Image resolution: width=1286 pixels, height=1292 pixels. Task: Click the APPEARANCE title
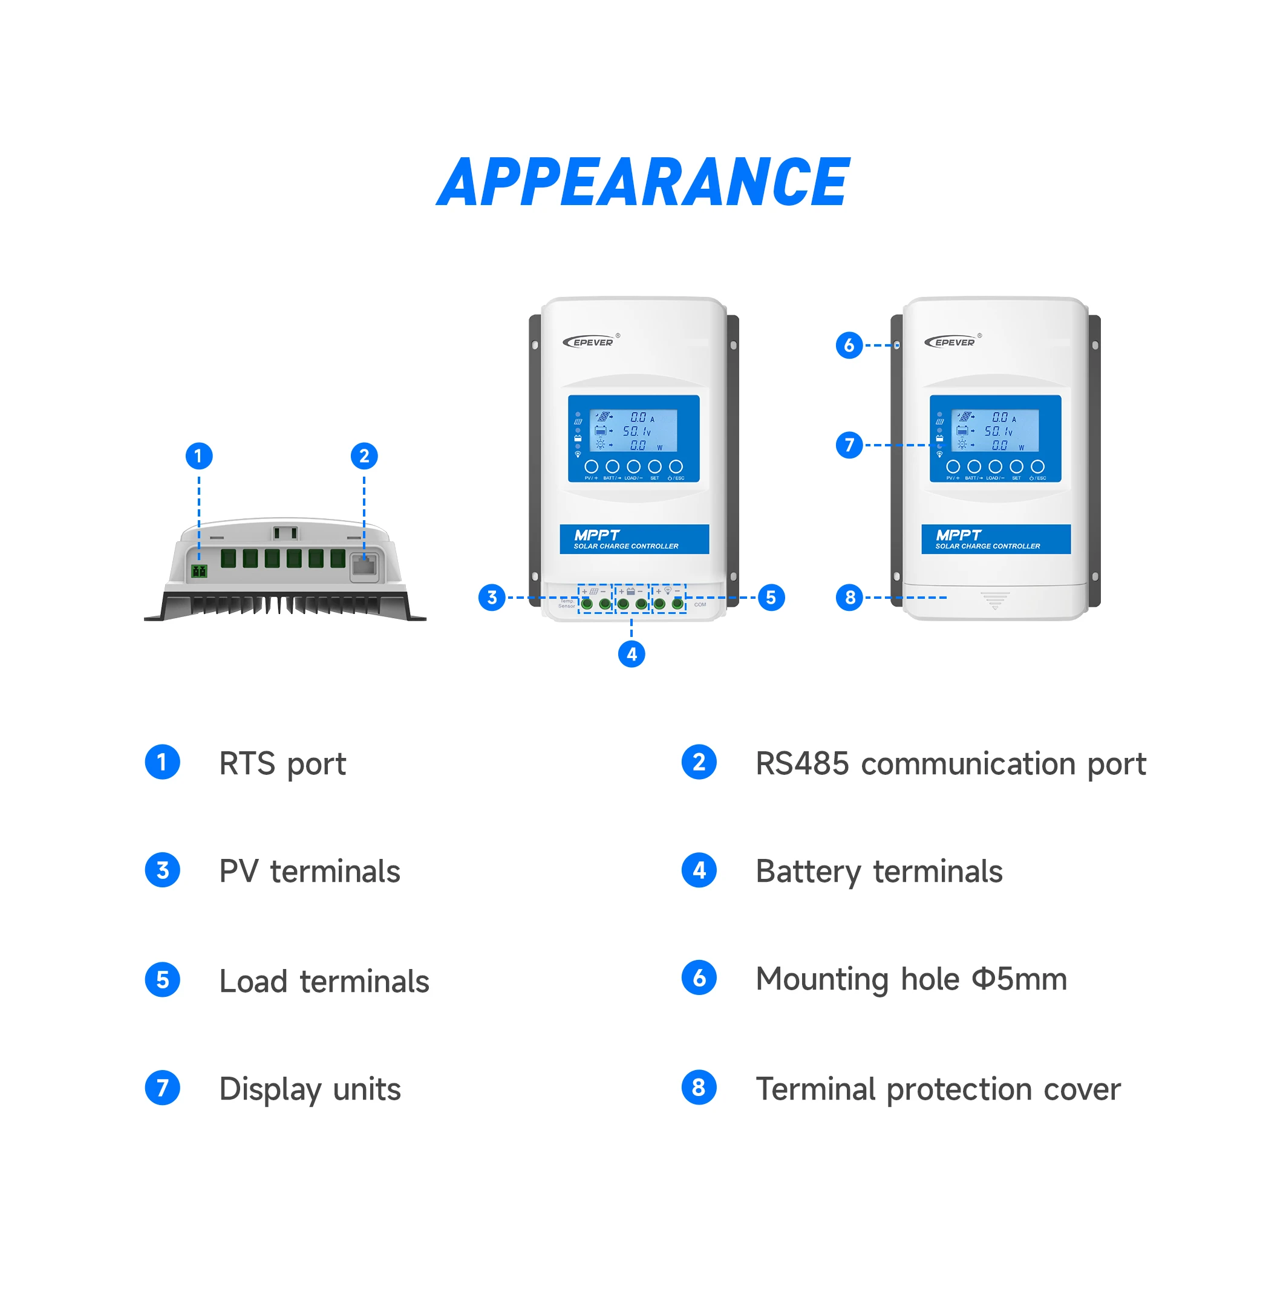pos(642,181)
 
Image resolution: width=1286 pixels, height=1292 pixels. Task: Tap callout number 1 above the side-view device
pos(198,456)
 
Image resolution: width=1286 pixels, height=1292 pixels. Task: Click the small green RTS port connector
pos(199,570)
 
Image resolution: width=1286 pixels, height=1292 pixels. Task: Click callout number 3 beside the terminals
pos(492,597)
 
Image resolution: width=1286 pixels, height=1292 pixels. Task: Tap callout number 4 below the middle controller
pos(632,653)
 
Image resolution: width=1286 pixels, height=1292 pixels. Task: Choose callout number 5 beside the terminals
pos(771,597)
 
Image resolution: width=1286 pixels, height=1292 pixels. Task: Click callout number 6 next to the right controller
pos(849,345)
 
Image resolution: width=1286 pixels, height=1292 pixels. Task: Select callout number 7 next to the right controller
pos(849,445)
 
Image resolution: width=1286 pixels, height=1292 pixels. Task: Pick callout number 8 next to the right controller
pos(849,597)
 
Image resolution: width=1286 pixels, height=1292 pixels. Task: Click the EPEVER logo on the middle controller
pos(591,342)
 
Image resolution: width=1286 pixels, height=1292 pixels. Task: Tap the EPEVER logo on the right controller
pos(953,342)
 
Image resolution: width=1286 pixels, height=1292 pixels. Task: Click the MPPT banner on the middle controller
pos(634,539)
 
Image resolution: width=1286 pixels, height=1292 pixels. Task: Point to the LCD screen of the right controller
pos(995,431)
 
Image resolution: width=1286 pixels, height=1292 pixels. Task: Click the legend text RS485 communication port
pos(950,764)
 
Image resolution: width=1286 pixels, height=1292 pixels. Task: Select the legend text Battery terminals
pos(879,872)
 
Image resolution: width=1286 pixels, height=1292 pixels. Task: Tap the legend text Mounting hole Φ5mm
pos(911,979)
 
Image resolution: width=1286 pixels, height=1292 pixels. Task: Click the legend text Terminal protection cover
pos(938,1089)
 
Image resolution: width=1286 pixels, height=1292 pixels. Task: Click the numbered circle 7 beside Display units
pos(163,1088)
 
